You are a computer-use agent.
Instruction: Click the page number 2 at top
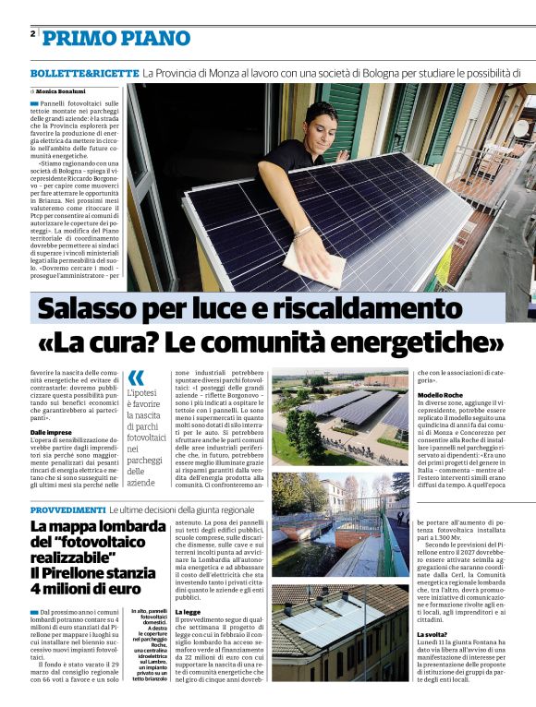[x=32, y=34]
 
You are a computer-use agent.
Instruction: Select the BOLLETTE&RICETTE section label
[x=83, y=72]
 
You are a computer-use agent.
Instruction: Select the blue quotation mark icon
[x=136, y=377]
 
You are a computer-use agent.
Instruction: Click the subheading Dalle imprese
[x=51, y=432]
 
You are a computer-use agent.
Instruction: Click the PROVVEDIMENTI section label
[x=67, y=509]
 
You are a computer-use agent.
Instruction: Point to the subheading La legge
[x=188, y=611]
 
